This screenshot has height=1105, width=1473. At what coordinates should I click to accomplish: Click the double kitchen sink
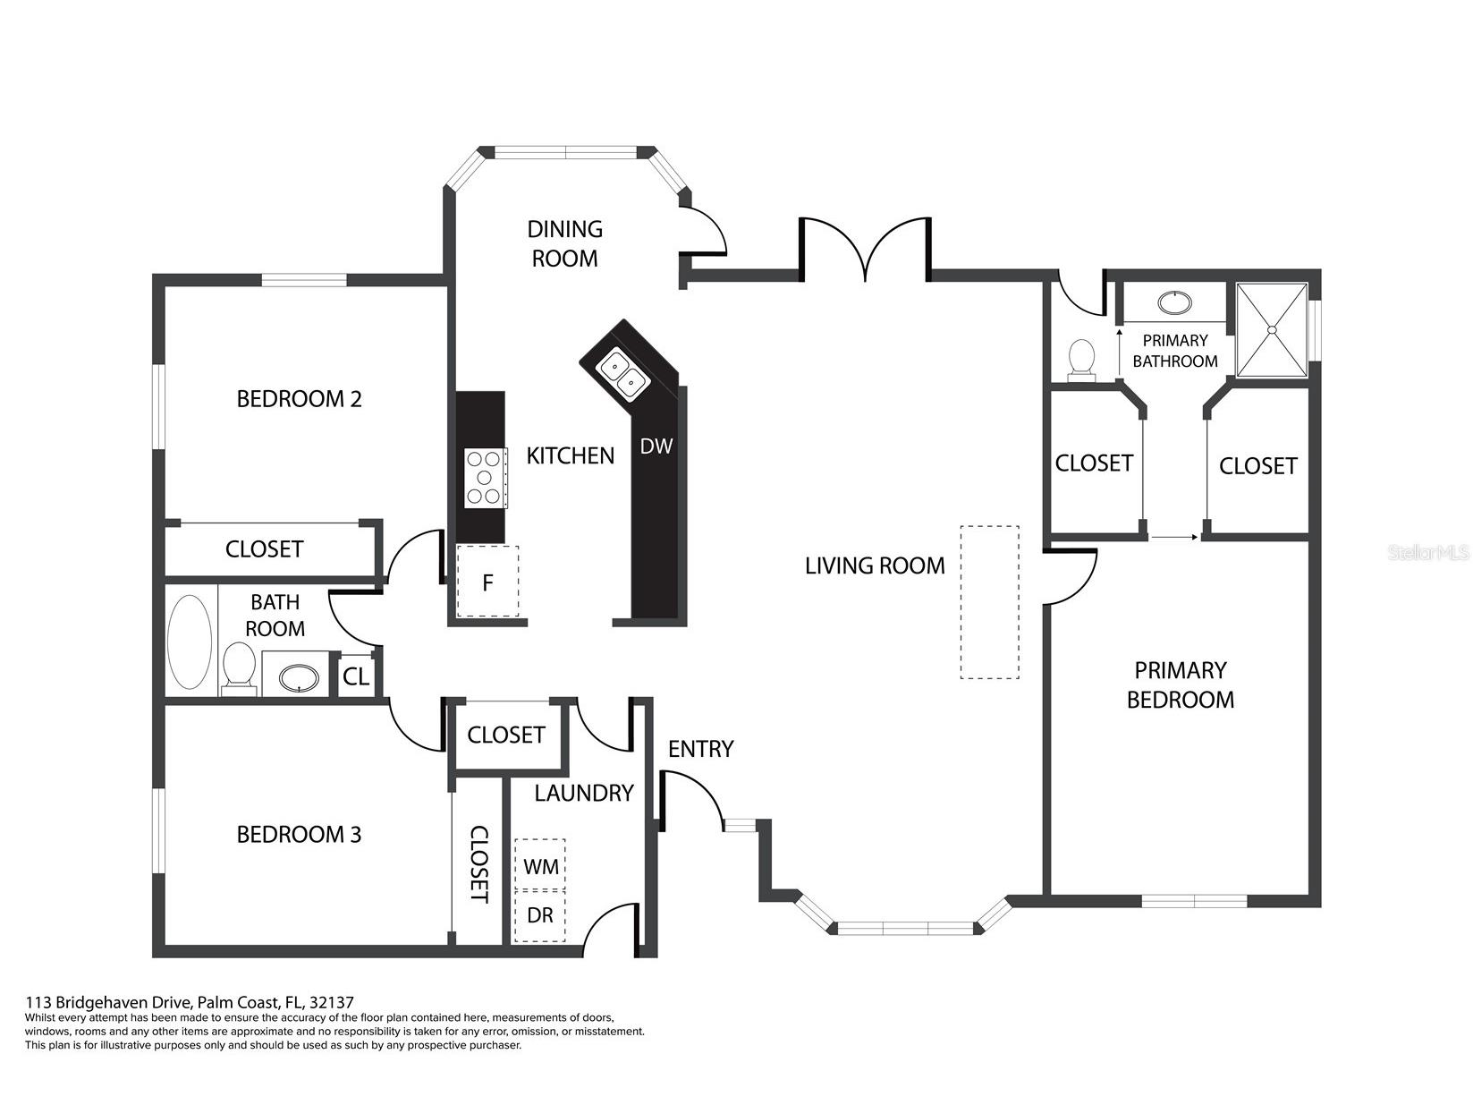pos(623,374)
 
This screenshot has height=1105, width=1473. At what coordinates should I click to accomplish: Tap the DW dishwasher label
pos(656,446)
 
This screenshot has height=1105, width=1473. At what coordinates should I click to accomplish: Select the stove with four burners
pos(484,479)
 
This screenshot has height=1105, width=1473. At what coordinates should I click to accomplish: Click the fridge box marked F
pos(487,582)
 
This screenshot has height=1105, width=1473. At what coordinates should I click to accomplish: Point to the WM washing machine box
pos(540,865)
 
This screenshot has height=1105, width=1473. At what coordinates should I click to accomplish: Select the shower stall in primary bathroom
pos(1271,328)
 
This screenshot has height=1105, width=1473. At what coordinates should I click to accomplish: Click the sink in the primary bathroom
pos(1174,302)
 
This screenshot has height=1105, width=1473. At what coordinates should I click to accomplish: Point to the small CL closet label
pos(355,676)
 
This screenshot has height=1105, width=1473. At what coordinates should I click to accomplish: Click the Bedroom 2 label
pos(299,398)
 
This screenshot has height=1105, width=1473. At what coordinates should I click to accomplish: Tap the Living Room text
pos(874,565)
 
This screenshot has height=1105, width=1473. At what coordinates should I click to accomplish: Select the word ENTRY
pos(700,749)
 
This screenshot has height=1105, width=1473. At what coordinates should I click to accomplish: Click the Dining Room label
pos(564,243)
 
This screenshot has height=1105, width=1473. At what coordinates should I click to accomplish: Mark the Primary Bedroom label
pos(1180,684)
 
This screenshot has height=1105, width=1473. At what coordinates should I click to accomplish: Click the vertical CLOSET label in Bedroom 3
pos(479,863)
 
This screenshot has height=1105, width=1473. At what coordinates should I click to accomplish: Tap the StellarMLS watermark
pos(1428,553)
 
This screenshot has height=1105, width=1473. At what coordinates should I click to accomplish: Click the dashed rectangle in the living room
pos(989,601)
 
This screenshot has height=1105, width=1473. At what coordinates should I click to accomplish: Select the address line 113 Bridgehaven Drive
pos(195,1002)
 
